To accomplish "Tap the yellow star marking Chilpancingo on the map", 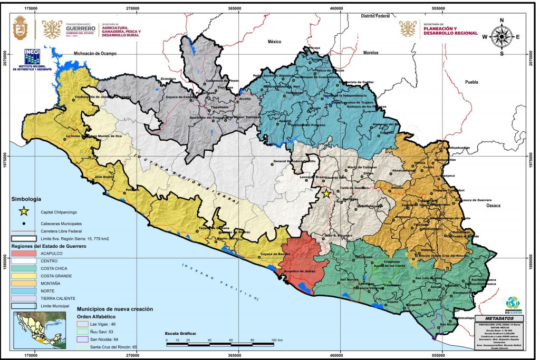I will [x=326, y=194].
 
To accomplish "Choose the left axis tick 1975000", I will [x=7, y=155].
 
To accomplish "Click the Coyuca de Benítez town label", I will [x=275, y=255].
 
